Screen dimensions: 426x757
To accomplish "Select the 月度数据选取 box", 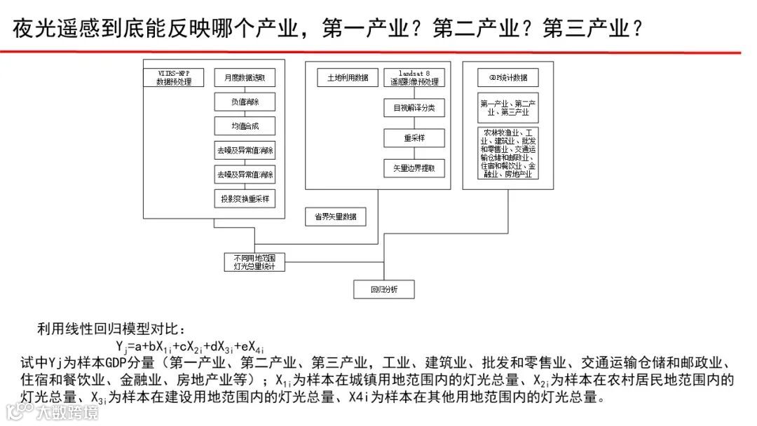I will click(245, 78).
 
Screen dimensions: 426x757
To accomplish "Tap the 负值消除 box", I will click(245, 102).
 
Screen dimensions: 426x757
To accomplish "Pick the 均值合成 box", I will click(245, 126).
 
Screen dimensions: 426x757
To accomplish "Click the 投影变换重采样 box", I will click(245, 199).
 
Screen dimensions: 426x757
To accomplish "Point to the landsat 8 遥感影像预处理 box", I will click(414, 77).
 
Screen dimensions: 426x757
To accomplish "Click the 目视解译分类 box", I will click(414, 109).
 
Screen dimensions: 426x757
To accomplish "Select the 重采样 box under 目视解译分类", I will click(414, 138).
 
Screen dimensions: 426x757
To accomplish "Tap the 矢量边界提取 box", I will click(414, 168).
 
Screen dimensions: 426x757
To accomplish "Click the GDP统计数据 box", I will click(508, 77).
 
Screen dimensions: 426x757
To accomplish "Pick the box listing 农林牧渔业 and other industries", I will click(508, 153).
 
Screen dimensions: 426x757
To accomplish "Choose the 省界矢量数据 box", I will click(335, 217).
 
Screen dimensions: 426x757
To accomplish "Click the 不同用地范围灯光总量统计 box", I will click(254, 262).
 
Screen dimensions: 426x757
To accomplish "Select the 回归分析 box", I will click(383, 289).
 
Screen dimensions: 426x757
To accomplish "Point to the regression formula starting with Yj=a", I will click(190, 346).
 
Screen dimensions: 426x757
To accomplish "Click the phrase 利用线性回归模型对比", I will click(112, 329).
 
